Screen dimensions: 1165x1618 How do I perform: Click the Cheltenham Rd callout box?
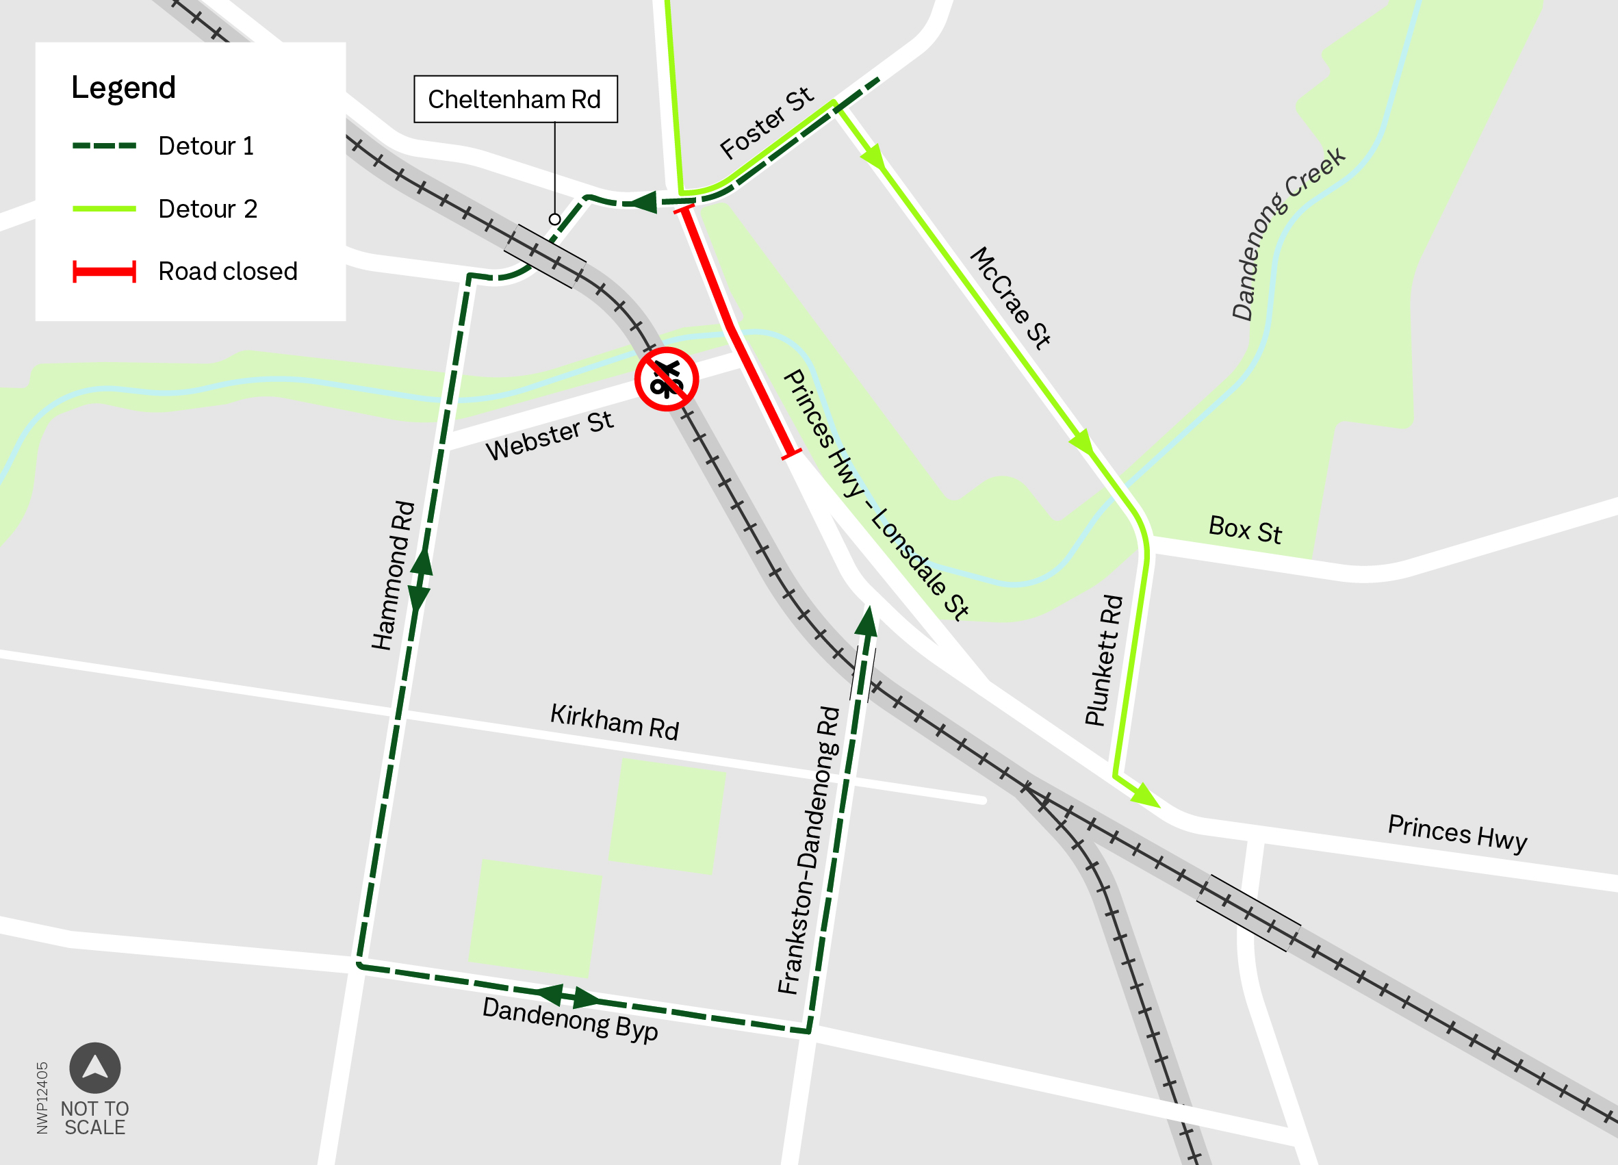[x=515, y=99]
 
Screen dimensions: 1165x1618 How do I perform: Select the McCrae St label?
[x=1010, y=298]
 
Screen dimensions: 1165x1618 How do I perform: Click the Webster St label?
[x=550, y=435]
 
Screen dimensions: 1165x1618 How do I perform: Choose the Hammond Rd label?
[x=392, y=575]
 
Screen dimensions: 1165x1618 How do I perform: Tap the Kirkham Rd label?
[x=614, y=722]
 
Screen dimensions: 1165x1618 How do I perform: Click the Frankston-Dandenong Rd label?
[x=809, y=849]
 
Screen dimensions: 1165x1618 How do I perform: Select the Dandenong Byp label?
[x=570, y=1019]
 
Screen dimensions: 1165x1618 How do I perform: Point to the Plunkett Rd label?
[x=1103, y=661]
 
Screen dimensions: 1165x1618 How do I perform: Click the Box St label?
[x=1245, y=530]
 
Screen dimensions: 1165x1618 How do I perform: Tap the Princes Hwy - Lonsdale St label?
[x=875, y=494]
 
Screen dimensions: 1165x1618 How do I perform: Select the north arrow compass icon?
[x=95, y=1068]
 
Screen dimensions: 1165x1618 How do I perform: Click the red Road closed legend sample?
[x=104, y=272]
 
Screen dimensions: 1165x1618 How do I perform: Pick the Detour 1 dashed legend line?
[x=104, y=146]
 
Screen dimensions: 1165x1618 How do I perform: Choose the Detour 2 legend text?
[x=207, y=209]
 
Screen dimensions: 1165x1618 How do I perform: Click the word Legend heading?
[x=123, y=88]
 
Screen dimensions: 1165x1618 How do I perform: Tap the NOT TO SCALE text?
[x=95, y=1118]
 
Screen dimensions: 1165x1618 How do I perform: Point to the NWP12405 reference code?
[x=42, y=1097]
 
